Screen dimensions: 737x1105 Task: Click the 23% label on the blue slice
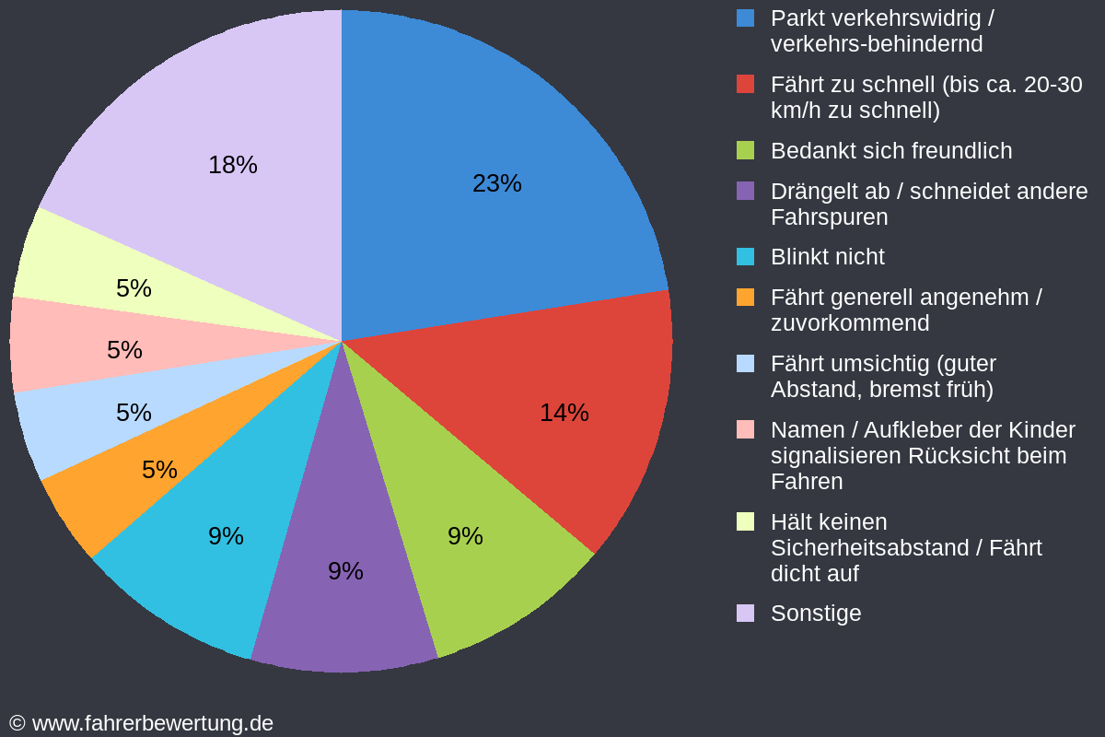pos(496,183)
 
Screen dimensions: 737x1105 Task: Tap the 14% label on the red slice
pos(564,413)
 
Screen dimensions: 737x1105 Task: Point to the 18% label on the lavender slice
pos(232,165)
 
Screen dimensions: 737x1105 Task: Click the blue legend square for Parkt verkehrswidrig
pos(745,18)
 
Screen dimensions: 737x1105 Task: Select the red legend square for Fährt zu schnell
pos(745,84)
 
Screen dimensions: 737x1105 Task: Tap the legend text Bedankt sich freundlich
pos(890,151)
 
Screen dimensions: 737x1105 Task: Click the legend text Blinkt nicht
pos(827,257)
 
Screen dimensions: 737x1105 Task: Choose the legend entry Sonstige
pos(815,614)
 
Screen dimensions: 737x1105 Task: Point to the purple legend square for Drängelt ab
pos(745,191)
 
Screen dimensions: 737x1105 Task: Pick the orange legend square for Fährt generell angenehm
pos(745,297)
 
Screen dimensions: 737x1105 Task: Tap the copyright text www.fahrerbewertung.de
pos(152,723)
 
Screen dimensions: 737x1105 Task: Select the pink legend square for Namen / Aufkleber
pos(745,429)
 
